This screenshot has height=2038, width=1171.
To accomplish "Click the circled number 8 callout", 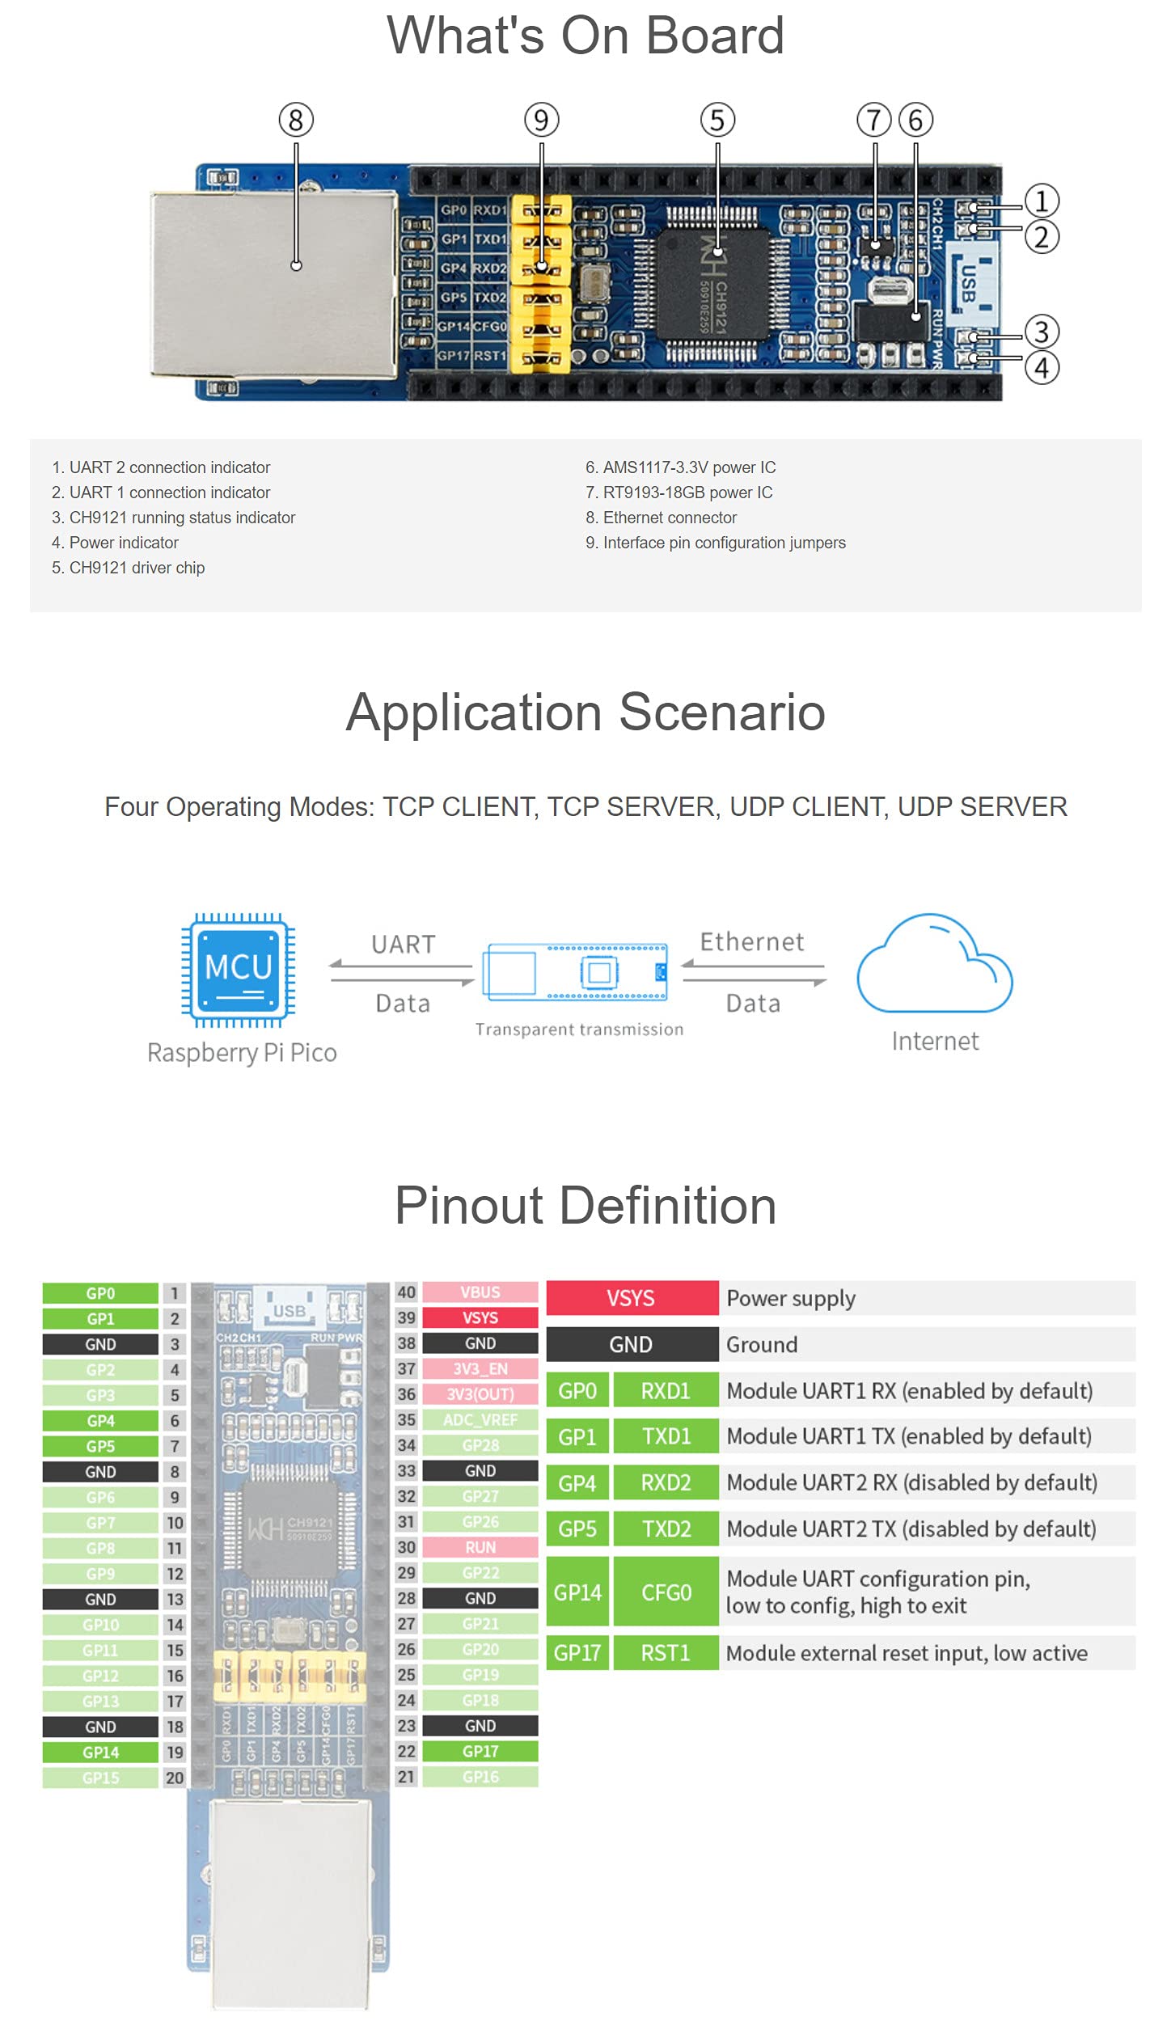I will [296, 121].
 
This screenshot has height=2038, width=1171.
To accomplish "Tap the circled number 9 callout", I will [541, 121].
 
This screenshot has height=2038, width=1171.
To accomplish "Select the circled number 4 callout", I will [1042, 368].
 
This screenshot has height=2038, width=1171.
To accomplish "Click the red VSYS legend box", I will [632, 1298].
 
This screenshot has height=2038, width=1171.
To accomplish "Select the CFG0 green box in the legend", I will [666, 1592].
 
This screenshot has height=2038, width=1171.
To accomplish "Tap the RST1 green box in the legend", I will [666, 1653].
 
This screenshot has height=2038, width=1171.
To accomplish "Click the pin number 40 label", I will [406, 1292].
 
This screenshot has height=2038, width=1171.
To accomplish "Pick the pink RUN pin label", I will [480, 1547].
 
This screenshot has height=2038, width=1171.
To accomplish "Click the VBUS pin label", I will [480, 1292].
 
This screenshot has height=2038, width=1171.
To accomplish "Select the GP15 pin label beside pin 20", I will [100, 1778].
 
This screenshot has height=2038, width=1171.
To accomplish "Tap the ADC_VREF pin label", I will [480, 1419].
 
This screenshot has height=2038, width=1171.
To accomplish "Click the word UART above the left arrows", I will [403, 944].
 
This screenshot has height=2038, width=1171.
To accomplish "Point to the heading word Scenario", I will [721, 712].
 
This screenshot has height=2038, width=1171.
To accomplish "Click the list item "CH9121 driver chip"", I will [137, 568].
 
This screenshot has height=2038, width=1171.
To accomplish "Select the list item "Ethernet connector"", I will [670, 518].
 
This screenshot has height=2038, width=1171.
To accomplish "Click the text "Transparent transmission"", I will [579, 1030].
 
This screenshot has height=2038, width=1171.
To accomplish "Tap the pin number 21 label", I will [406, 1777].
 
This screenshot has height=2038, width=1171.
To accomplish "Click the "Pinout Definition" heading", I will [585, 1206].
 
